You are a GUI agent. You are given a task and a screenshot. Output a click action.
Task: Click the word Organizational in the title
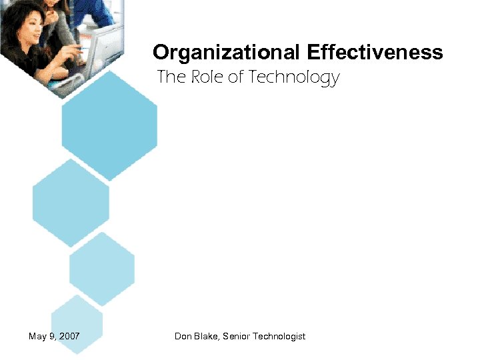227,53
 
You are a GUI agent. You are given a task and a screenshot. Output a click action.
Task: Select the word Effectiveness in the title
375,53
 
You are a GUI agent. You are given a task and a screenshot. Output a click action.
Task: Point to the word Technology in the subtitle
293,78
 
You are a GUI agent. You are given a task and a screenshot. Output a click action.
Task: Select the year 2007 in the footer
69,336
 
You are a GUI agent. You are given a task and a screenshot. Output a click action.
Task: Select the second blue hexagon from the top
71,202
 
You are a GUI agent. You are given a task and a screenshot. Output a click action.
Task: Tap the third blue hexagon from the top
102,269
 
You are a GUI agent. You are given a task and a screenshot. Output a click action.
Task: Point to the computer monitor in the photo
103,43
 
